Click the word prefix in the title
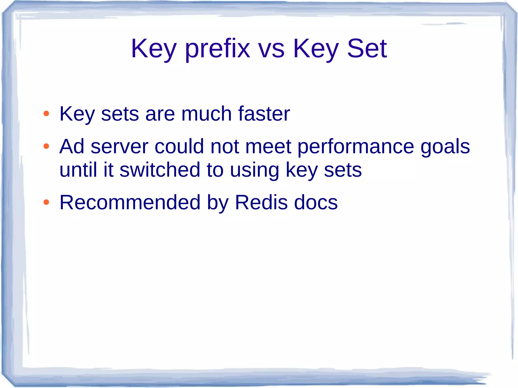pyautogui.click(x=218, y=49)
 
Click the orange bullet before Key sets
pyautogui.click(x=46, y=113)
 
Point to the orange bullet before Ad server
pyautogui.click(x=46, y=146)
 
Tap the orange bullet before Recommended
pyautogui.click(x=46, y=202)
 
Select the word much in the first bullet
pyautogui.click(x=206, y=114)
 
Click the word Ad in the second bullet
pyautogui.click(x=72, y=146)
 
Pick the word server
pyautogui.click(x=119, y=146)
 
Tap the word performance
pyautogui.click(x=356, y=146)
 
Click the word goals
pyautogui.click(x=445, y=146)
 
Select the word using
pyautogui.click(x=254, y=170)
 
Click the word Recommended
pyautogui.click(x=130, y=202)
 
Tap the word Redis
pyautogui.click(x=261, y=202)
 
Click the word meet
pyautogui.click(x=268, y=146)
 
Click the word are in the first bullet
pyautogui.click(x=160, y=114)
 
